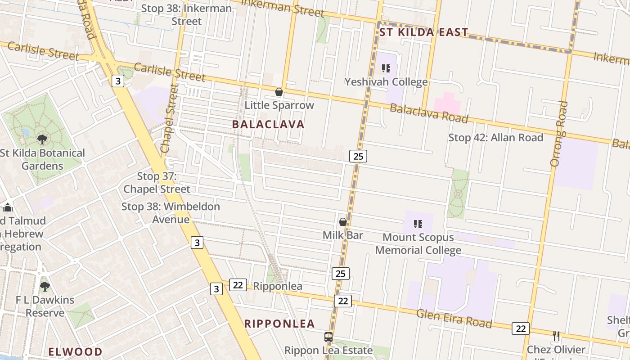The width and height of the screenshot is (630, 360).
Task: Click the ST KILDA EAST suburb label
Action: [x=423, y=32]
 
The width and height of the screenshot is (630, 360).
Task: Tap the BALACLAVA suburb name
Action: [x=268, y=124]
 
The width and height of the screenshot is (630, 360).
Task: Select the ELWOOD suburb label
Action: [x=75, y=351]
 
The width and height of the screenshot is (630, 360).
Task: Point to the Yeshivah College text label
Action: [x=386, y=81]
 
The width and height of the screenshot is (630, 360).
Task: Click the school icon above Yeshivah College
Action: [x=386, y=68]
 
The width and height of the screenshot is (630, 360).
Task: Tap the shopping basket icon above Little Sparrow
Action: [x=279, y=92]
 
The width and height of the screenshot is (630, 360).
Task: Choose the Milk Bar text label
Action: [x=342, y=235]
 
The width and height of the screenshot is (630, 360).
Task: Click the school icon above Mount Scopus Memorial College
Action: [x=418, y=224]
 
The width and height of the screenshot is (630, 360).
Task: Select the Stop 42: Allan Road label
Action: [x=495, y=137]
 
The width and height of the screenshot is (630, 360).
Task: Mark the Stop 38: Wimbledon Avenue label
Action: [x=171, y=213]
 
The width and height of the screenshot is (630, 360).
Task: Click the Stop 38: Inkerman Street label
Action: [x=186, y=14]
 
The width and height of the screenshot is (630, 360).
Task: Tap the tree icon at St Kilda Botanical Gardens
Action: [x=42, y=139]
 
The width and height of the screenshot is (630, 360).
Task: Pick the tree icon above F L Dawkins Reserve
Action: [x=45, y=286]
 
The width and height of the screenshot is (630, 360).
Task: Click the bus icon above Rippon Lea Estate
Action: [x=328, y=337]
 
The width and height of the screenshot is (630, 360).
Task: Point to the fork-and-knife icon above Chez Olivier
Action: [x=556, y=336]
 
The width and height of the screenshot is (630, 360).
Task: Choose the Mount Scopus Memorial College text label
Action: [x=418, y=243]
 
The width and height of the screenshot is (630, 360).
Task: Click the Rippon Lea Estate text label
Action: [x=328, y=350]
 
